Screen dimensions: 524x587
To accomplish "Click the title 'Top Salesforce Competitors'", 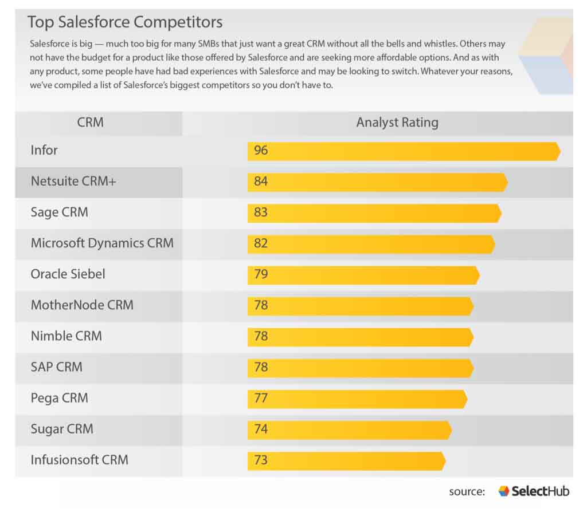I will tap(125, 22).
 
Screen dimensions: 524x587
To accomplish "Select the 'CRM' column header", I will tap(90, 123).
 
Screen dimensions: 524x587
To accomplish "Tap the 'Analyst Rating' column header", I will tap(397, 123).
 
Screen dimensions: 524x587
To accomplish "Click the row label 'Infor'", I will tap(44, 151).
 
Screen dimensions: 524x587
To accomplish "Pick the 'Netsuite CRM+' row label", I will tap(73, 182).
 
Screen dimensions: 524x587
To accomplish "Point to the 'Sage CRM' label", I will tap(59, 212).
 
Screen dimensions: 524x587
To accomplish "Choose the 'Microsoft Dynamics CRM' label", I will tap(102, 243).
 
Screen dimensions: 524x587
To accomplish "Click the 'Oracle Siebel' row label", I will tap(68, 274).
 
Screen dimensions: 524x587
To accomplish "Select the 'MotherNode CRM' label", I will tap(82, 305).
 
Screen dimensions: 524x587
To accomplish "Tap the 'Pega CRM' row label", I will tap(59, 398).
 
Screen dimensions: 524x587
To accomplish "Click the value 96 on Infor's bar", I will tap(261, 151).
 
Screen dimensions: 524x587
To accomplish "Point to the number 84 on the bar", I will tap(261, 182).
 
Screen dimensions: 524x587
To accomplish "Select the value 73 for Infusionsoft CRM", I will tap(261, 460).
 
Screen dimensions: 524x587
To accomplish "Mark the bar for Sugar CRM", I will tap(350, 430).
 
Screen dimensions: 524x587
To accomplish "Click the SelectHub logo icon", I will tap(503, 491).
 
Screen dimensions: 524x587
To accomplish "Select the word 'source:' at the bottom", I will tap(467, 492).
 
